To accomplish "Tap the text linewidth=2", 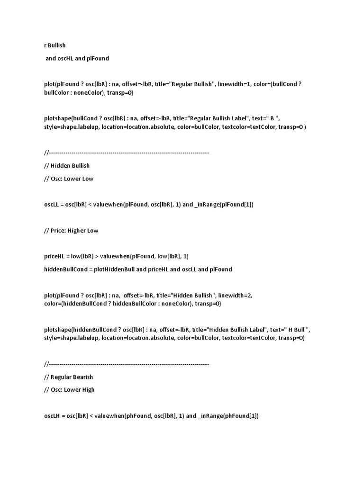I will (x=235, y=295).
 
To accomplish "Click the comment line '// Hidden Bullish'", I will (x=66, y=166).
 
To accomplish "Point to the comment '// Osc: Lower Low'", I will (x=69, y=179).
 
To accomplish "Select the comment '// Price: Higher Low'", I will (x=71, y=230).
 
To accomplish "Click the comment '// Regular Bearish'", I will (x=68, y=377).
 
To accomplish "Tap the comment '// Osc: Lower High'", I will (x=69, y=390).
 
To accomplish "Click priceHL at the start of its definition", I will (x=54, y=256).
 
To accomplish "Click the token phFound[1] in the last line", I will (x=241, y=416).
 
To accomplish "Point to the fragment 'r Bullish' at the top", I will (x=55, y=45).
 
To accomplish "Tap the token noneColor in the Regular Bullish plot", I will (x=87, y=93).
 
